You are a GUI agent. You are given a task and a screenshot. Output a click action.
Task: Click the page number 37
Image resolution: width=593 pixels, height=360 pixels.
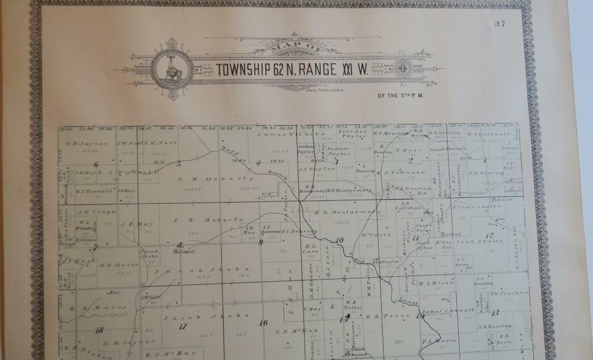coord(500,24)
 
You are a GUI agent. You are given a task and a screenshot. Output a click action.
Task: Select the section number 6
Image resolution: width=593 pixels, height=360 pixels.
coord(96,164)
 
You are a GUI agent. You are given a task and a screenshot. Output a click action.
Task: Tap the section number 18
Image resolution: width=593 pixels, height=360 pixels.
coord(99,330)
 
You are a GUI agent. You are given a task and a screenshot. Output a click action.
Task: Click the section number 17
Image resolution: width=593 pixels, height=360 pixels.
coord(182,326)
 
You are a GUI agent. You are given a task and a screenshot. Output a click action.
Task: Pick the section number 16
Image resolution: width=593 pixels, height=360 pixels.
coord(263,322)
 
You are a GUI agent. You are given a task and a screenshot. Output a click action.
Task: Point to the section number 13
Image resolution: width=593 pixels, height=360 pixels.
coord(495,314)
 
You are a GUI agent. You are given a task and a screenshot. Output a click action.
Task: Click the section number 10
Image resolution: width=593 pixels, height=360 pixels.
coord(339,240)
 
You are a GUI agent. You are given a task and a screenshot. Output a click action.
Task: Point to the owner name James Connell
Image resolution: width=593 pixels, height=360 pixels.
coord(450,309)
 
